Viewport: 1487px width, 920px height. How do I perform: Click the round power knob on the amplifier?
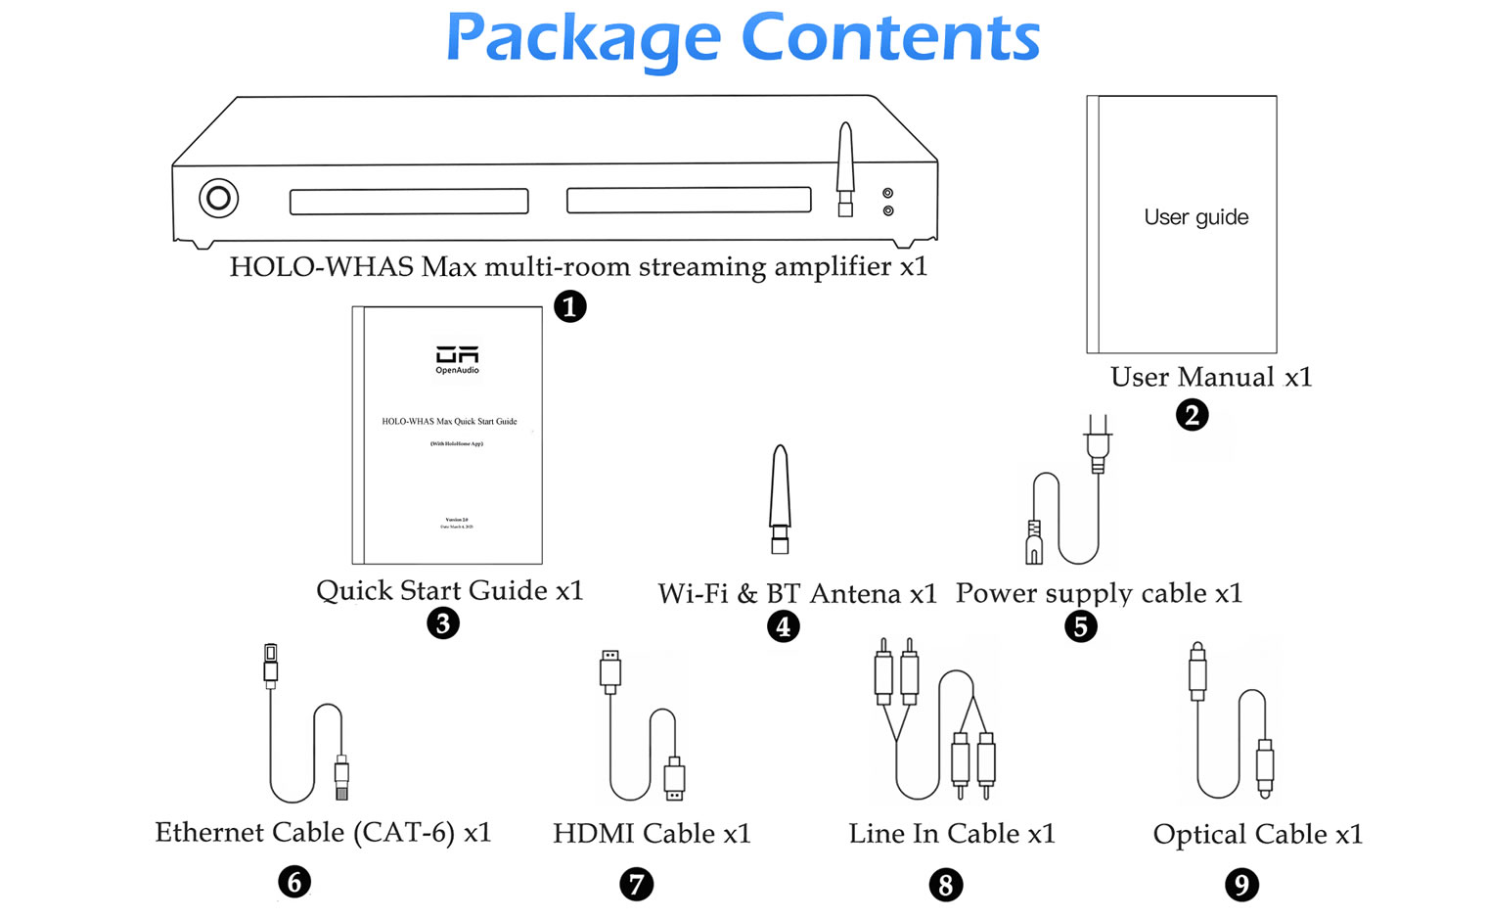click(218, 199)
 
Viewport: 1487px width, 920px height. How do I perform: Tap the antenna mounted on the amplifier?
click(845, 166)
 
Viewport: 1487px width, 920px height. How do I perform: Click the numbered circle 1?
click(570, 306)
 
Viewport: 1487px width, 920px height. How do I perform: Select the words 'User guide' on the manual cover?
click(1195, 217)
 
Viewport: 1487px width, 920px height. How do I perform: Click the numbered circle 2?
click(1192, 415)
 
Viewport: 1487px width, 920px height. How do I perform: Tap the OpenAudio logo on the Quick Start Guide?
click(457, 359)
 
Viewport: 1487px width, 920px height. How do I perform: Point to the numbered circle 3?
click(443, 622)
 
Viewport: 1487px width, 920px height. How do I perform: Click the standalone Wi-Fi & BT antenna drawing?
click(780, 498)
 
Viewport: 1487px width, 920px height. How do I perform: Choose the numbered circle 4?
click(783, 625)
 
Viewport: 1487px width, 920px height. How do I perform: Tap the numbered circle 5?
click(1080, 625)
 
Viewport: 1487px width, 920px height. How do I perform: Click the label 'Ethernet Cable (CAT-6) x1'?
click(323, 832)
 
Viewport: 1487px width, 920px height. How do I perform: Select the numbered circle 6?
click(294, 882)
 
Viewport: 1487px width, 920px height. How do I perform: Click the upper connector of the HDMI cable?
click(610, 670)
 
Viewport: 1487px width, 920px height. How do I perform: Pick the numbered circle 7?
click(636, 885)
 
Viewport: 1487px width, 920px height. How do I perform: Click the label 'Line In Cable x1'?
click(952, 833)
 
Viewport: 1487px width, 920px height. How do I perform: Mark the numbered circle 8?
click(945, 885)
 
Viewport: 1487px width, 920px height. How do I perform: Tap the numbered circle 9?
click(1241, 885)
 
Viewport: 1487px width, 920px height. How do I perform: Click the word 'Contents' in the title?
click(890, 39)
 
